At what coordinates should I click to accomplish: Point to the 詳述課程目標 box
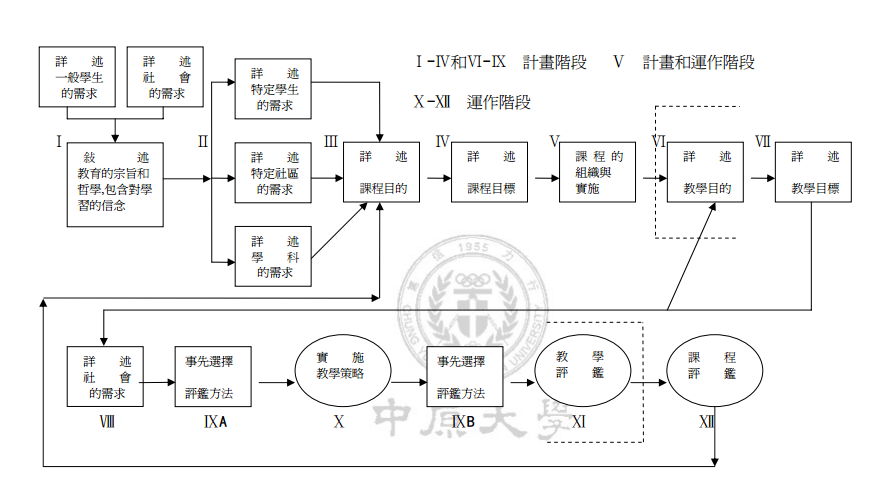[491, 172]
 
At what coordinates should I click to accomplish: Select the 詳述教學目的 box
[706, 172]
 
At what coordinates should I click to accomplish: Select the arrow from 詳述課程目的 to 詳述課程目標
[436, 179]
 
